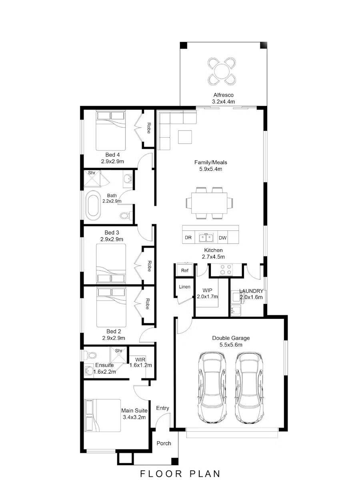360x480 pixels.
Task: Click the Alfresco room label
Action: (223, 95)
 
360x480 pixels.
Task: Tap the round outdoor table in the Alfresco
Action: (222, 71)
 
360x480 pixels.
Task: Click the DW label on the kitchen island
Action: (222, 238)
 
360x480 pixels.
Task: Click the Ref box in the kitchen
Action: (184, 270)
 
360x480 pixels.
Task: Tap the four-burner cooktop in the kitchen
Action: (226, 270)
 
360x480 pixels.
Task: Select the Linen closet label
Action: (184, 287)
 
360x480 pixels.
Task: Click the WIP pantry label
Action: (207, 290)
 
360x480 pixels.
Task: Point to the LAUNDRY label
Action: (251, 291)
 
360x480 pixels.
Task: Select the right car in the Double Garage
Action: (249, 387)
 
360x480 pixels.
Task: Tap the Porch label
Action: (164, 443)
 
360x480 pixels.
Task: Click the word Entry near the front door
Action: (162, 408)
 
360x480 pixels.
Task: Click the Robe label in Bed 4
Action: (148, 128)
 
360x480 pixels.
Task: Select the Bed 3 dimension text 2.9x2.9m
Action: (112, 239)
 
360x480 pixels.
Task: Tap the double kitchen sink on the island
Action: (206, 238)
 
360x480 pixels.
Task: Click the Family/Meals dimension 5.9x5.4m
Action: (210, 169)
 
